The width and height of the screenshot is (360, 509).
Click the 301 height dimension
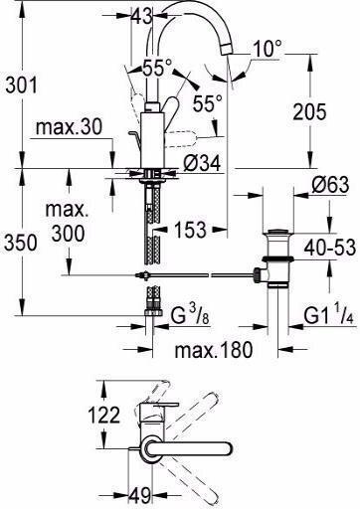[22, 85]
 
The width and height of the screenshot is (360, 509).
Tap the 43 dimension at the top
[142, 15]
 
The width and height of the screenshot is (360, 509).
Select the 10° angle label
[268, 49]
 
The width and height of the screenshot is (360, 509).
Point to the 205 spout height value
[309, 111]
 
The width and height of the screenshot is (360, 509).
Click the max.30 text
[69, 127]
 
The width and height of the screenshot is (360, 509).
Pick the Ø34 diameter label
[202, 163]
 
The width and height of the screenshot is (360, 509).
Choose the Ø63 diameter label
[330, 185]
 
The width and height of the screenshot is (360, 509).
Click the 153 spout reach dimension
[190, 230]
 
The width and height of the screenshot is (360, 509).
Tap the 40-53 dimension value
[330, 248]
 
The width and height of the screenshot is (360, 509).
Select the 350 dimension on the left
[21, 243]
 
